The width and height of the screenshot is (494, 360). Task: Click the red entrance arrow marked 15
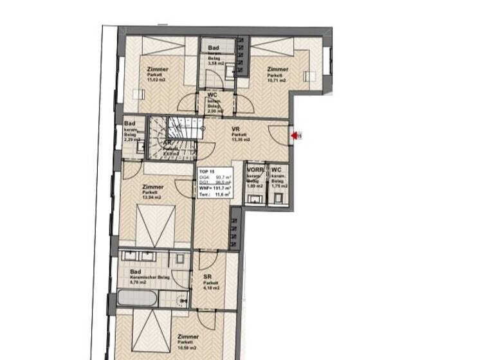pyautogui.click(x=296, y=136)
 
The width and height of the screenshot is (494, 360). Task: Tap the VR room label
pyautogui.click(x=235, y=129)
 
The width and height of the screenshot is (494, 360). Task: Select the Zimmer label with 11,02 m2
pyautogui.click(x=158, y=69)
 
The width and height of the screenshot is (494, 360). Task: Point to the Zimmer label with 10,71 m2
pyautogui.click(x=277, y=69)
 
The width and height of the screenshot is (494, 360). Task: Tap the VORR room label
pyautogui.click(x=255, y=170)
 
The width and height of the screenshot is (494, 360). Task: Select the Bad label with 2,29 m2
pyautogui.click(x=130, y=124)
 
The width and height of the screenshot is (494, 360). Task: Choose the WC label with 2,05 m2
pyautogui.click(x=212, y=94)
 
